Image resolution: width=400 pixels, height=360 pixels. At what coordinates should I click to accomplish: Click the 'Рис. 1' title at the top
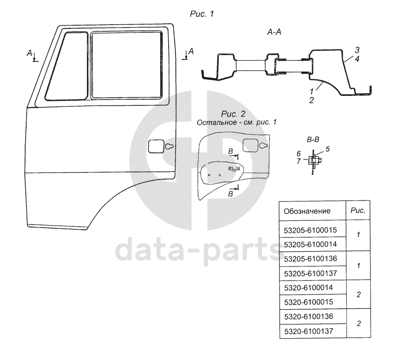[x=201, y=14]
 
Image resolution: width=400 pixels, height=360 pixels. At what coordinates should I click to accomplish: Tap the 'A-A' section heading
[x=275, y=32]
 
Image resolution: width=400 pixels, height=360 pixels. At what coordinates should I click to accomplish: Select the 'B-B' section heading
[x=313, y=140]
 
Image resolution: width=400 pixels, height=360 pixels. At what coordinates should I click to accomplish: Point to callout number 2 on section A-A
[x=311, y=100]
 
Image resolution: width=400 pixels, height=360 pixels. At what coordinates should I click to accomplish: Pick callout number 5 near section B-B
[x=327, y=149]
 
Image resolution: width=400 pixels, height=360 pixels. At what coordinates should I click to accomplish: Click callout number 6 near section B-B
[x=298, y=154]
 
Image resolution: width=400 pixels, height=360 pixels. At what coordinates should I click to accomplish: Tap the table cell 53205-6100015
[x=310, y=230]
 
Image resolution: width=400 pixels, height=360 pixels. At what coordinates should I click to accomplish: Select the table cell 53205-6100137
[x=310, y=273]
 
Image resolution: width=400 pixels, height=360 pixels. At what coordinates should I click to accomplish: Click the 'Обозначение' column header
[x=306, y=211]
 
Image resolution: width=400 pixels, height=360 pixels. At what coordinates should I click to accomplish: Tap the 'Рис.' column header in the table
[x=357, y=210]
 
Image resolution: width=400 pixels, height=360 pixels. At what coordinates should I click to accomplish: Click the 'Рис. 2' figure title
[x=233, y=114]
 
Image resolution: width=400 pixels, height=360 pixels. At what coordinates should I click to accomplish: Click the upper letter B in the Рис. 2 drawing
[x=230, y=151]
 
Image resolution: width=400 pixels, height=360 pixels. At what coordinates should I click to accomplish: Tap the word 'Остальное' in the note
[x=214, y=123]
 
